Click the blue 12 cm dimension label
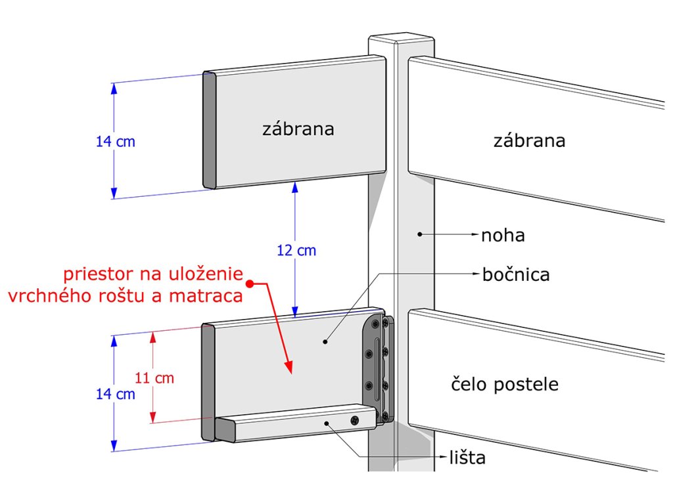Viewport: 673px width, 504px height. [296, 251]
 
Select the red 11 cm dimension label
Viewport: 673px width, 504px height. [154, 378]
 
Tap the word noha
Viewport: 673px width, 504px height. [503, 235]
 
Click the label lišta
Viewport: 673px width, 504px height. [467, 458]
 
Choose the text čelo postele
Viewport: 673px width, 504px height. [505, 384]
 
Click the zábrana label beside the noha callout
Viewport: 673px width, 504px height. [529, 140]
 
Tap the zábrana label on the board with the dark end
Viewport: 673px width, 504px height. [298, 129]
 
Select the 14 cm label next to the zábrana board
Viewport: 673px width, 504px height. [115, 141]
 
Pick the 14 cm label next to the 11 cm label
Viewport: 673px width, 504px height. [115, 394]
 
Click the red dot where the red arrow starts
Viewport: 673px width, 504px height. [250, 283]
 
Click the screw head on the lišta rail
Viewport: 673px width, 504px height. [356, 420]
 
